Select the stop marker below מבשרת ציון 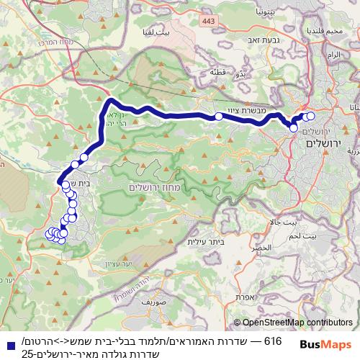[x=218, y=116]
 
